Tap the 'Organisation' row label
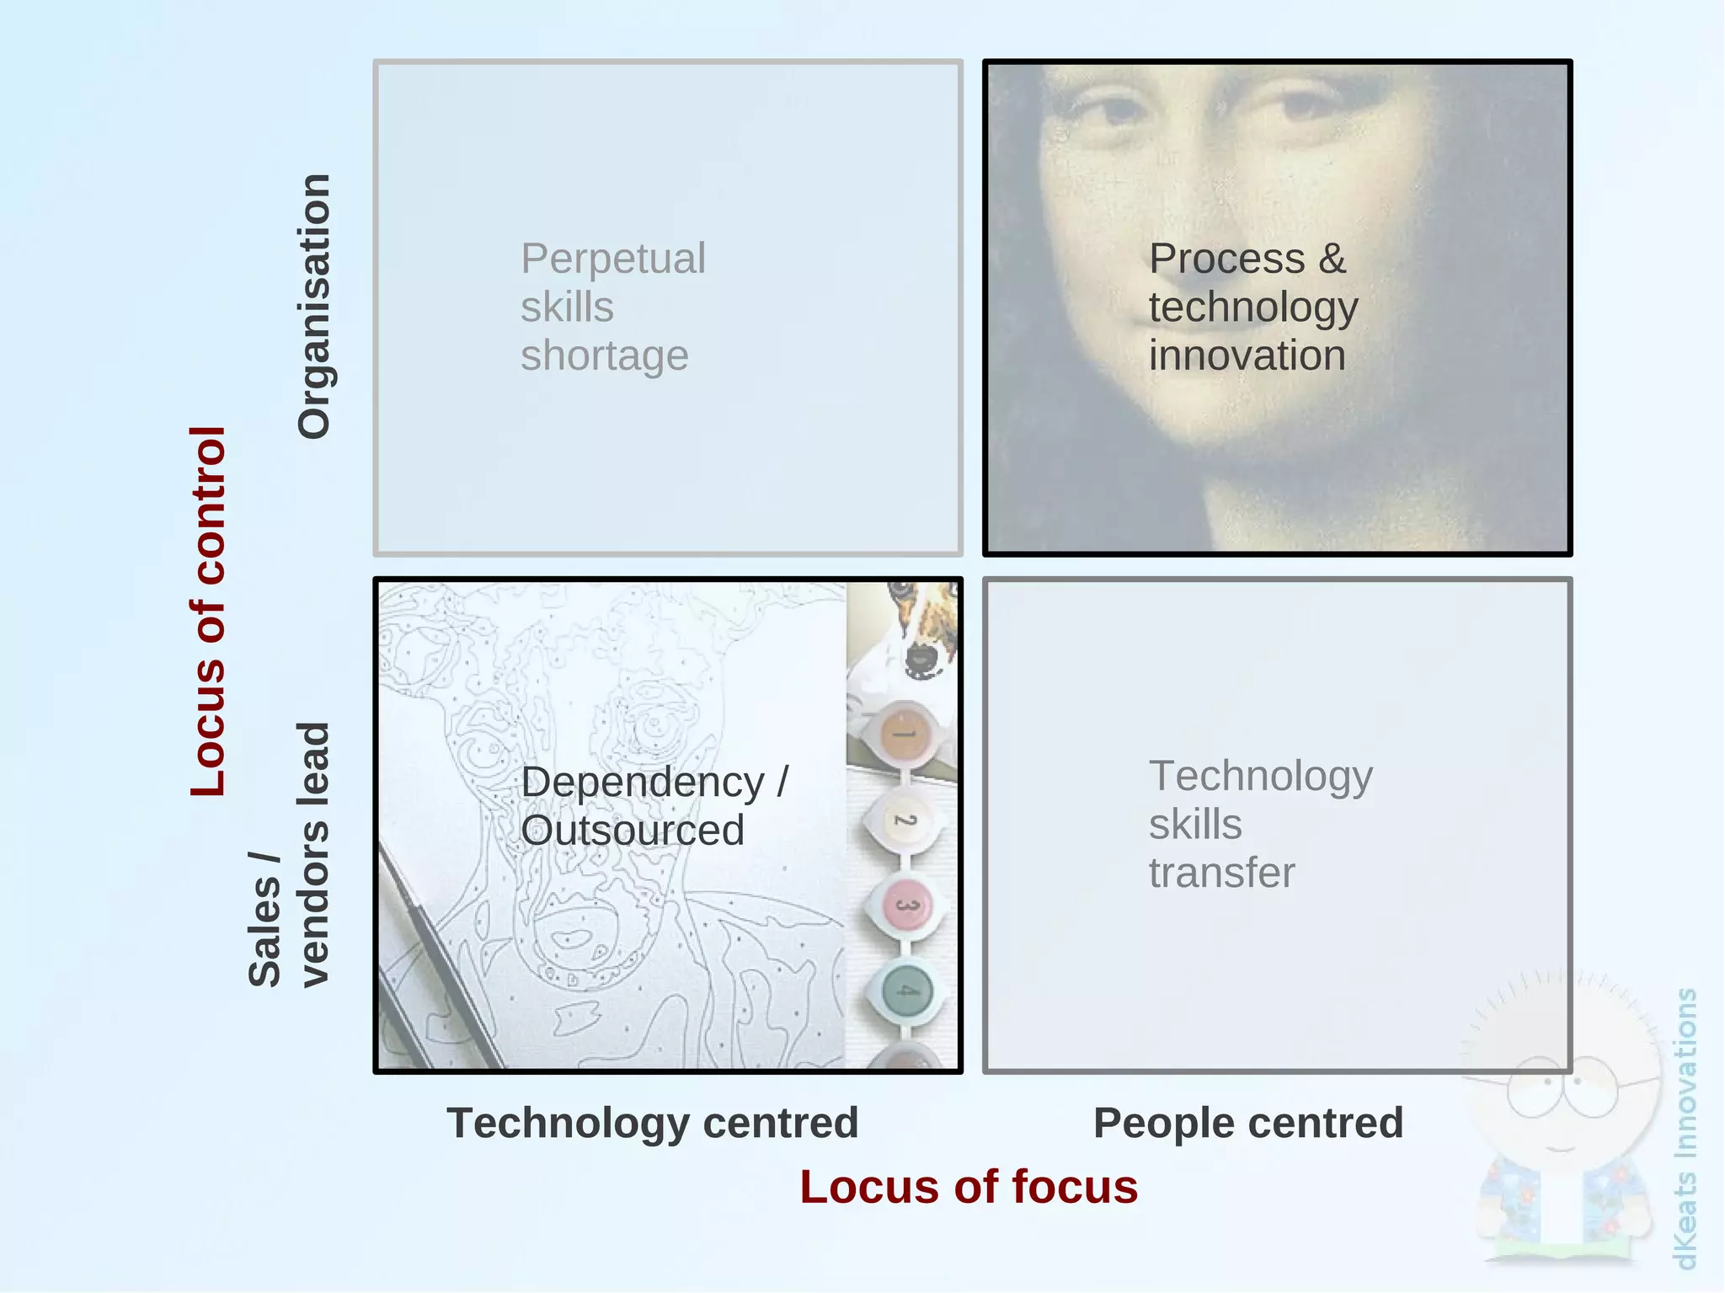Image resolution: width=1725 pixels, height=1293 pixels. [314, 307]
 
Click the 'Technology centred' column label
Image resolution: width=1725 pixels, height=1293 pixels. [653, 1123]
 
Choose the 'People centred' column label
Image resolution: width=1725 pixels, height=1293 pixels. [1248, 1123]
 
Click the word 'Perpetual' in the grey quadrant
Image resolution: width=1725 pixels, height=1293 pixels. [613, 259]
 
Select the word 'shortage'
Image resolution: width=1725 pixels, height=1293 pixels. [605, 355]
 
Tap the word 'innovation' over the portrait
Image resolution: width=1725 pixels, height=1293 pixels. [1247, 355]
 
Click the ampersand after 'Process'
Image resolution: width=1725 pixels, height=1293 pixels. [1332, 259]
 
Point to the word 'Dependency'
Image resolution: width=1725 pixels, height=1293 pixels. [643, 782]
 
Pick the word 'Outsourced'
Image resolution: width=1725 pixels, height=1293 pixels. [633, 831]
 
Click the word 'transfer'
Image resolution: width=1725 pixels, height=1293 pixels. [1222, 873]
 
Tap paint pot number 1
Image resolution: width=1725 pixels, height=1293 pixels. [904, 733]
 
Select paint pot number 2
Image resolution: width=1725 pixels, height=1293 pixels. [904, 820]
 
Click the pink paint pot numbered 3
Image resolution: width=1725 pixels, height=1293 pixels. [905, 906]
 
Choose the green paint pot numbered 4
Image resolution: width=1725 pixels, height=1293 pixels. [906, 991]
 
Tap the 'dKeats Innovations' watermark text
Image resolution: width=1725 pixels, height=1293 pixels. [1685, 1129]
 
